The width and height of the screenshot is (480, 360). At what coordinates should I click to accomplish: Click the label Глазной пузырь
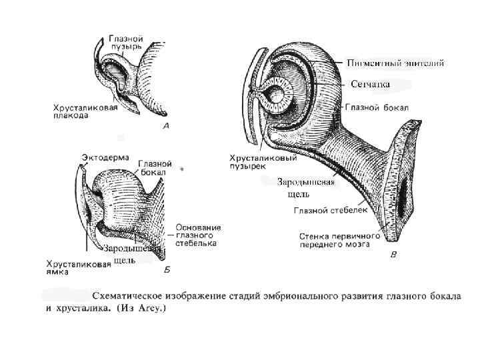pyautogui.click(x=126, y=44)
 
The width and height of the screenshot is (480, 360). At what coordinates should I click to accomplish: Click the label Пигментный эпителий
pyautogui.click(x=396, y=63)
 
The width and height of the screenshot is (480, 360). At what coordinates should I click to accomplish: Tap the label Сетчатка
pyautogui.click(x=369, y=84)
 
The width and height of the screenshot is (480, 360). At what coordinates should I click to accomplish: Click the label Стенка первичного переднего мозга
pyautogui.click(x=340, y=240)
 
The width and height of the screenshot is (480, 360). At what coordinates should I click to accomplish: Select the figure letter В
pyautogui.click(x=393, y=254)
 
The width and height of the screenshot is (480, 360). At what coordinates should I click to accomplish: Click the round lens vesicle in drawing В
pyautogui.click(x=274, y=96)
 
